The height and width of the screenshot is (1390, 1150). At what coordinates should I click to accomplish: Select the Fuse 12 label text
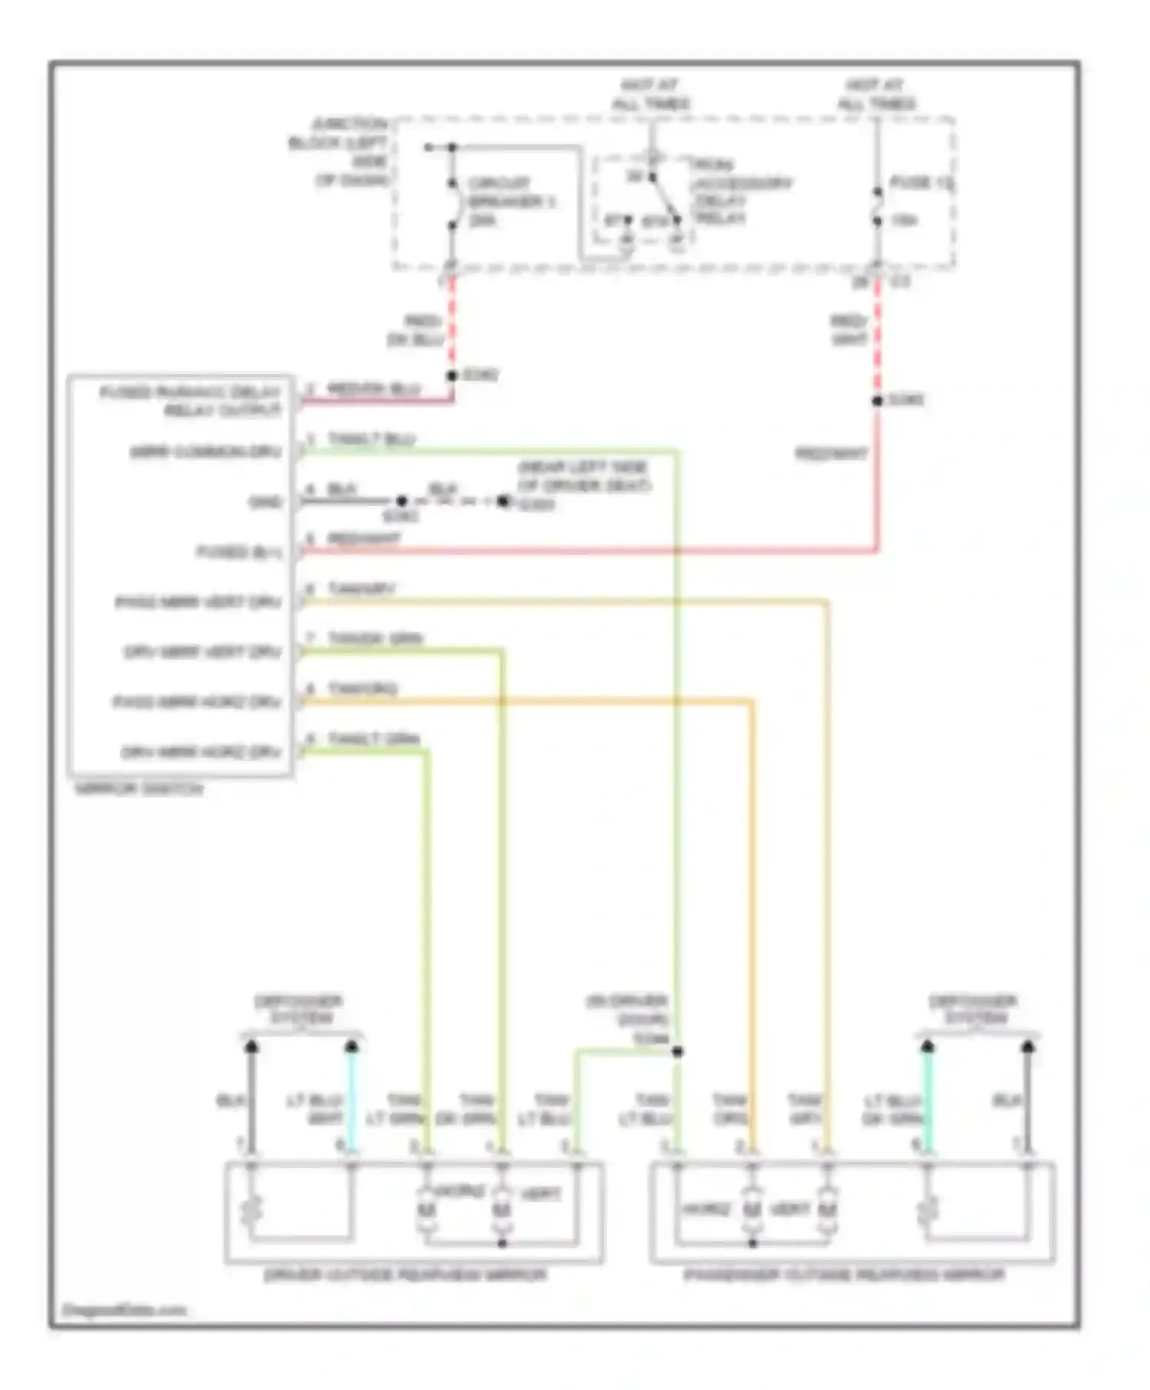[921, 182]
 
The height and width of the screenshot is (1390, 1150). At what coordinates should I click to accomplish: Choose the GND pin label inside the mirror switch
[265, 502]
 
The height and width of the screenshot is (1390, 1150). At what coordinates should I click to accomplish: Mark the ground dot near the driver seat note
[503, 501]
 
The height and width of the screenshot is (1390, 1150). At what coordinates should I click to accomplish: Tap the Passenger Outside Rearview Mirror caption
[844, 1274]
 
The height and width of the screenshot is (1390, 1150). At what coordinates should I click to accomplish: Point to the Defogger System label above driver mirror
[298, 1009]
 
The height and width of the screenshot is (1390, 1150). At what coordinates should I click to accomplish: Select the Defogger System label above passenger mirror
[973, 1009]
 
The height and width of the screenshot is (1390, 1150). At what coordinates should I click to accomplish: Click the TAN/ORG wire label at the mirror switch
[362, 688]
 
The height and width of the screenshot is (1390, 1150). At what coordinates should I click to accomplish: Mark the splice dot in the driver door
[677, 1051]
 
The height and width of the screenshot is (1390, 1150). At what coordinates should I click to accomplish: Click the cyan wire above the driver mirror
[352, 1096]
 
